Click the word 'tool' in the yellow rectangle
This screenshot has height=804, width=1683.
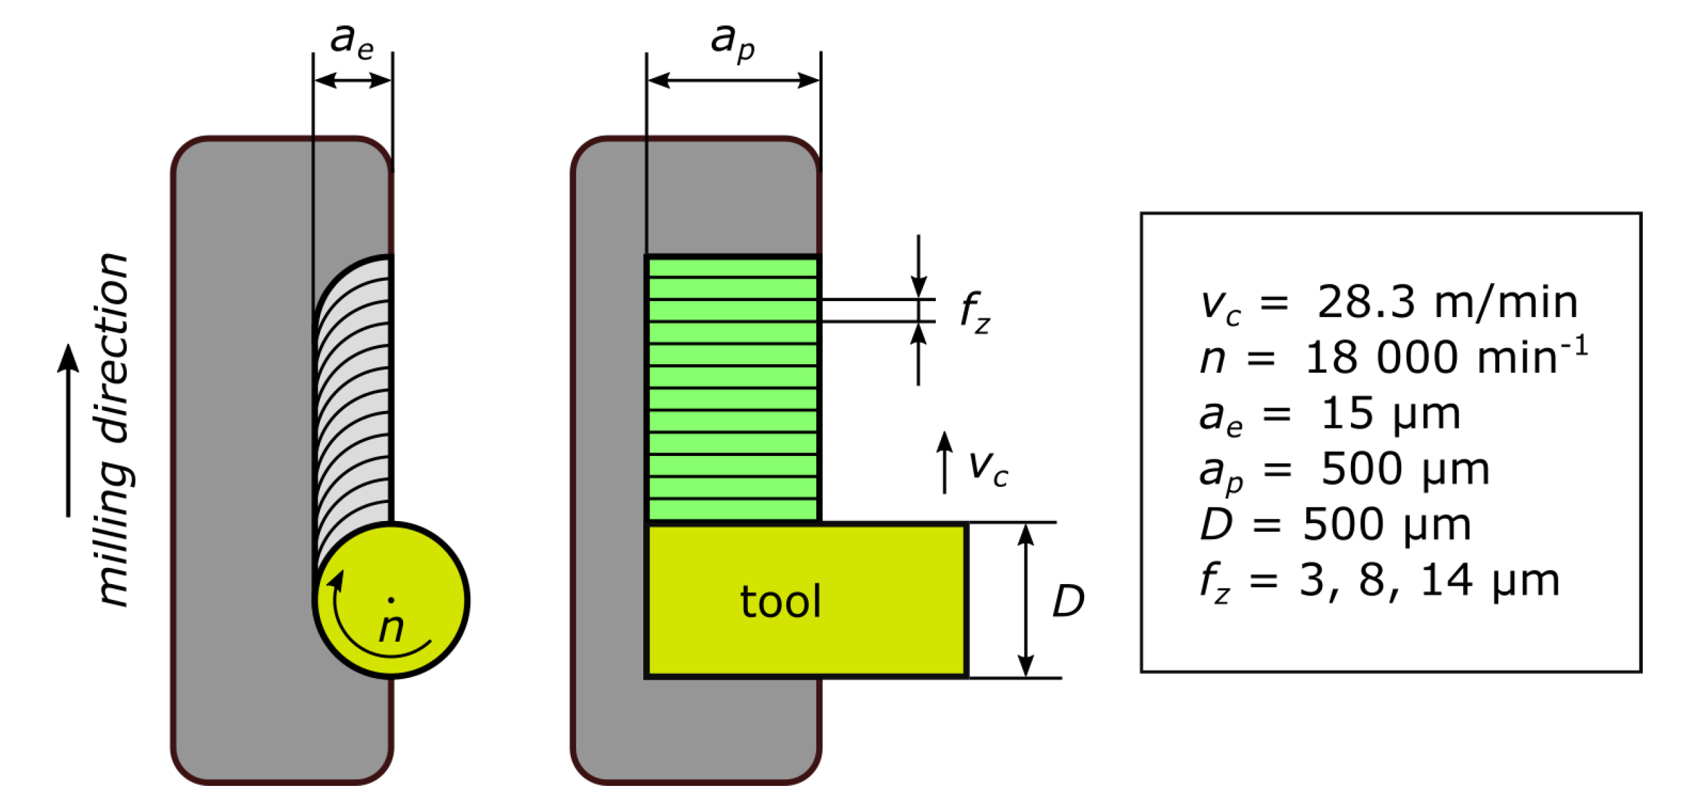(780, 601)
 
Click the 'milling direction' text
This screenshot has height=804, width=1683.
(112, 430)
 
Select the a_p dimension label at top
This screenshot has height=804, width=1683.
(732, 42)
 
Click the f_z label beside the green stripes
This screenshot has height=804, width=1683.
(975, 312)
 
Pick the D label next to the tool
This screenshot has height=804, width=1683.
(1068, 601)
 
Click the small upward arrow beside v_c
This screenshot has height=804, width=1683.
(944, 463)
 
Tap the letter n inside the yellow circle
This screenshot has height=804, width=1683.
(391, 628)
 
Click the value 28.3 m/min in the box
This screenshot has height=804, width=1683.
(1447, 302)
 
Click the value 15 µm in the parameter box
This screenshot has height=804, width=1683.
(1390, 413)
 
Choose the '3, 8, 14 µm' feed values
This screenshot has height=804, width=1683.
(1429, 580)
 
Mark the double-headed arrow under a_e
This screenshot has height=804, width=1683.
(353, 80)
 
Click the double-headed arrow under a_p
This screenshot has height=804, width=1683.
(733, 80)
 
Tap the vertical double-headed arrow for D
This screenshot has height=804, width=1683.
(1026, 601)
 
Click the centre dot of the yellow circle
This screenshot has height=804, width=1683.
(391, 600)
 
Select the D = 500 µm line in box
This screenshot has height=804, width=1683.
(1335, 524)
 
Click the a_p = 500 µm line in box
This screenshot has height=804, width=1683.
(1344, 469)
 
